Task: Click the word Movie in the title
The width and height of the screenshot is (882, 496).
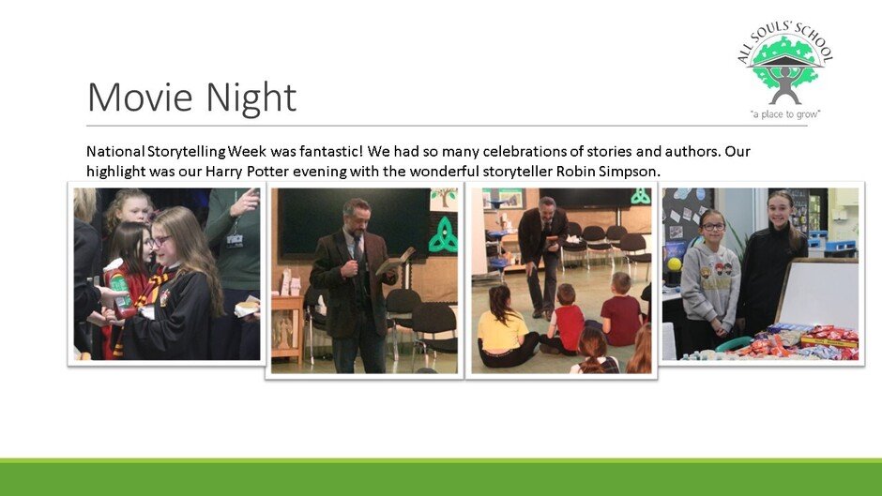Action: [140, 98]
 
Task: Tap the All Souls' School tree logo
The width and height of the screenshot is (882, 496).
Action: [785, 68]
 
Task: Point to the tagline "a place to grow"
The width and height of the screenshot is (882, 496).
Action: [785, 114]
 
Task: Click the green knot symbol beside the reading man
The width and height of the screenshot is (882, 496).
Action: [443, 234]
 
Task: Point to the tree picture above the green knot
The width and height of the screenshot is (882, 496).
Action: [444, 200]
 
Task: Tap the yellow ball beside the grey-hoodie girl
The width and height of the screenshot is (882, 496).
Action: [674, 263]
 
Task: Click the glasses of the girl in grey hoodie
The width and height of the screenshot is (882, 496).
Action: [713, 227]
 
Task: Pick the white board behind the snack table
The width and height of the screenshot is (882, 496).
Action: [818, 293]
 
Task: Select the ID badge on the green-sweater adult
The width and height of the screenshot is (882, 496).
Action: [234, 240]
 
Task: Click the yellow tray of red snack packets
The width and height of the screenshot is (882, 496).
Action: [829, 338]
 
